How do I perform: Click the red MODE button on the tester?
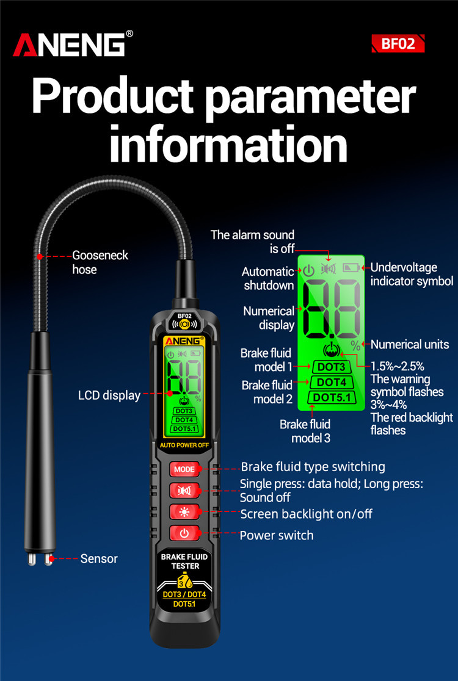pyautogui.click(x=184, y=469)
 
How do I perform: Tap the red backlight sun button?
pyautogui.click(x=184, y=512)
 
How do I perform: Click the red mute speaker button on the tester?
pyautogui.click(x=184, y=491)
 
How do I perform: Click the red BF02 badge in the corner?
pyautogui.click(x=398, y=43)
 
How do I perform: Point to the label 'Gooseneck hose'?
pyautogui.click(x=100, y=262)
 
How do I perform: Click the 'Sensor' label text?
pyautogui.click(x=99, y=558)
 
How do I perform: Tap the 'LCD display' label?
pyautogui.click(x=109, y=395)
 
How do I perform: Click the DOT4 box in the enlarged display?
pyautogui.click(x=331, y=382)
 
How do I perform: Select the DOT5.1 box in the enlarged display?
pyautogui.click(x=331, y=397)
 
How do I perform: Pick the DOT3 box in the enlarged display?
pyautogui.click(x=331, y=367)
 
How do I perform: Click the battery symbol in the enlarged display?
pyautogui.click(x=351, y=268)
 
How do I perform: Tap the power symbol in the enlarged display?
pyautogui.click(x=308, y=270)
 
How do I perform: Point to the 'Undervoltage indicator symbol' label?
pyautogui.click(x=412, y=274)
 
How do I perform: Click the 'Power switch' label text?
pyautogui.click(x=277, y=535)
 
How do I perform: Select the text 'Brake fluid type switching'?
pyautogui.click(x=313, y=467)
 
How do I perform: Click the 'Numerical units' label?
pyautogui.click(x=410, y=344)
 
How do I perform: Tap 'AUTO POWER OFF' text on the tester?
pyautogui.click(x=184, y=445)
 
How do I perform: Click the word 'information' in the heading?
pyautogui.click(x=228, y=143)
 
